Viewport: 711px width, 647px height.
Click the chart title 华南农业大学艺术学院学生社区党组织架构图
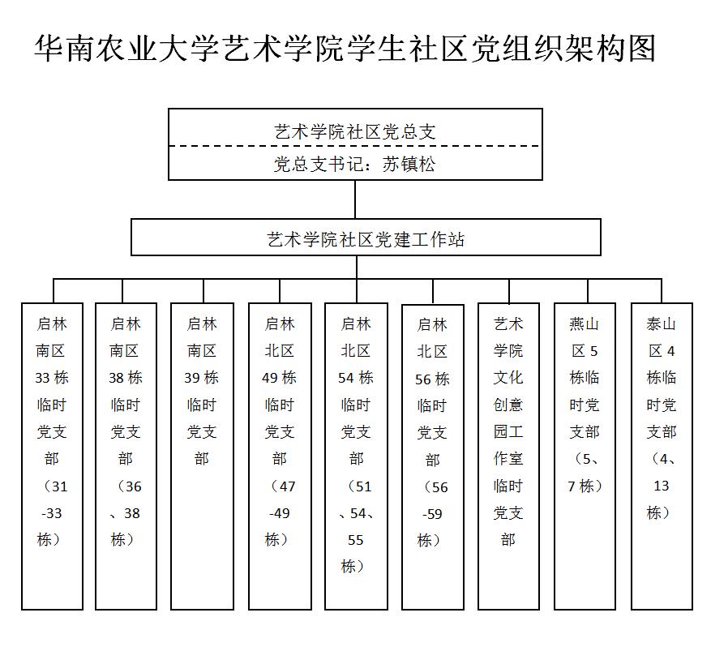(x=345, y=48)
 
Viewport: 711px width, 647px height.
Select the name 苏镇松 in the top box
(x=409, y=164)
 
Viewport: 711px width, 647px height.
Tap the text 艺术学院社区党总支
(x=355, y=132)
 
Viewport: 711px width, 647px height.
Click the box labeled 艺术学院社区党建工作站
(x=366, y=237)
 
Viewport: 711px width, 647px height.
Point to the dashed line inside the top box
(x=355, y=146)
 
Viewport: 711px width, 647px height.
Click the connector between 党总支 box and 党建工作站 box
(x=355, y=199)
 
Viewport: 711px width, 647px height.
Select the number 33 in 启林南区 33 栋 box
(x=42, y=378)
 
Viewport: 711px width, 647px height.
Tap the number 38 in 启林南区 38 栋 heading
(x=116, y=378)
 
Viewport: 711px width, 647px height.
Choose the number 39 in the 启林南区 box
(x=192, y=378)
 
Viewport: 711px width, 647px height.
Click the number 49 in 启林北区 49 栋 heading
(x=270, y=378)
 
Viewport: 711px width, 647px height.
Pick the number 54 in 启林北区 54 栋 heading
(x=346, y=378)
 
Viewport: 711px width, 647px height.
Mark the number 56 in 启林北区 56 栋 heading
(x=422, y=379)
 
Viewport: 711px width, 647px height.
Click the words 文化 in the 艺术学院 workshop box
(x=508, y=377)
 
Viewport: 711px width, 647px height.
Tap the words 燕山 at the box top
(x=584, y=324)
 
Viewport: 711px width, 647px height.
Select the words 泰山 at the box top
(x=661, y=324)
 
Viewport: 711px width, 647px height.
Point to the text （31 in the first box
(x=54, y=486)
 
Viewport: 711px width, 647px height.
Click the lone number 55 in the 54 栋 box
(x=355, y=540)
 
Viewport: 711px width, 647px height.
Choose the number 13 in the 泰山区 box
(x=662, y=486)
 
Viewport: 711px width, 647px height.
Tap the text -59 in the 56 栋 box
(x=432, y=514)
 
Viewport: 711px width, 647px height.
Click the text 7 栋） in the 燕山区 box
(x=585, y=486)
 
